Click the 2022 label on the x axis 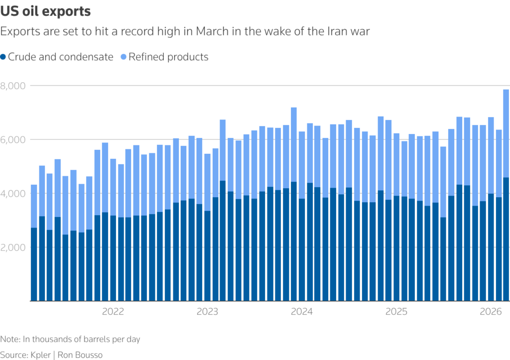pyautogui.click(x=113, y=312)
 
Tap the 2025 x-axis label pyautogui.click(x=396, y=312)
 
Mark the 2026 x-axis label pyautogui.click(x=491, y=312)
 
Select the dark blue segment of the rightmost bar pyautogui.click(x=506, y=239)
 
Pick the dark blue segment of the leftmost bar pyautogui.click(x=34, y=264)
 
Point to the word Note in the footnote pyautogui.click(x=9, y=339)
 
